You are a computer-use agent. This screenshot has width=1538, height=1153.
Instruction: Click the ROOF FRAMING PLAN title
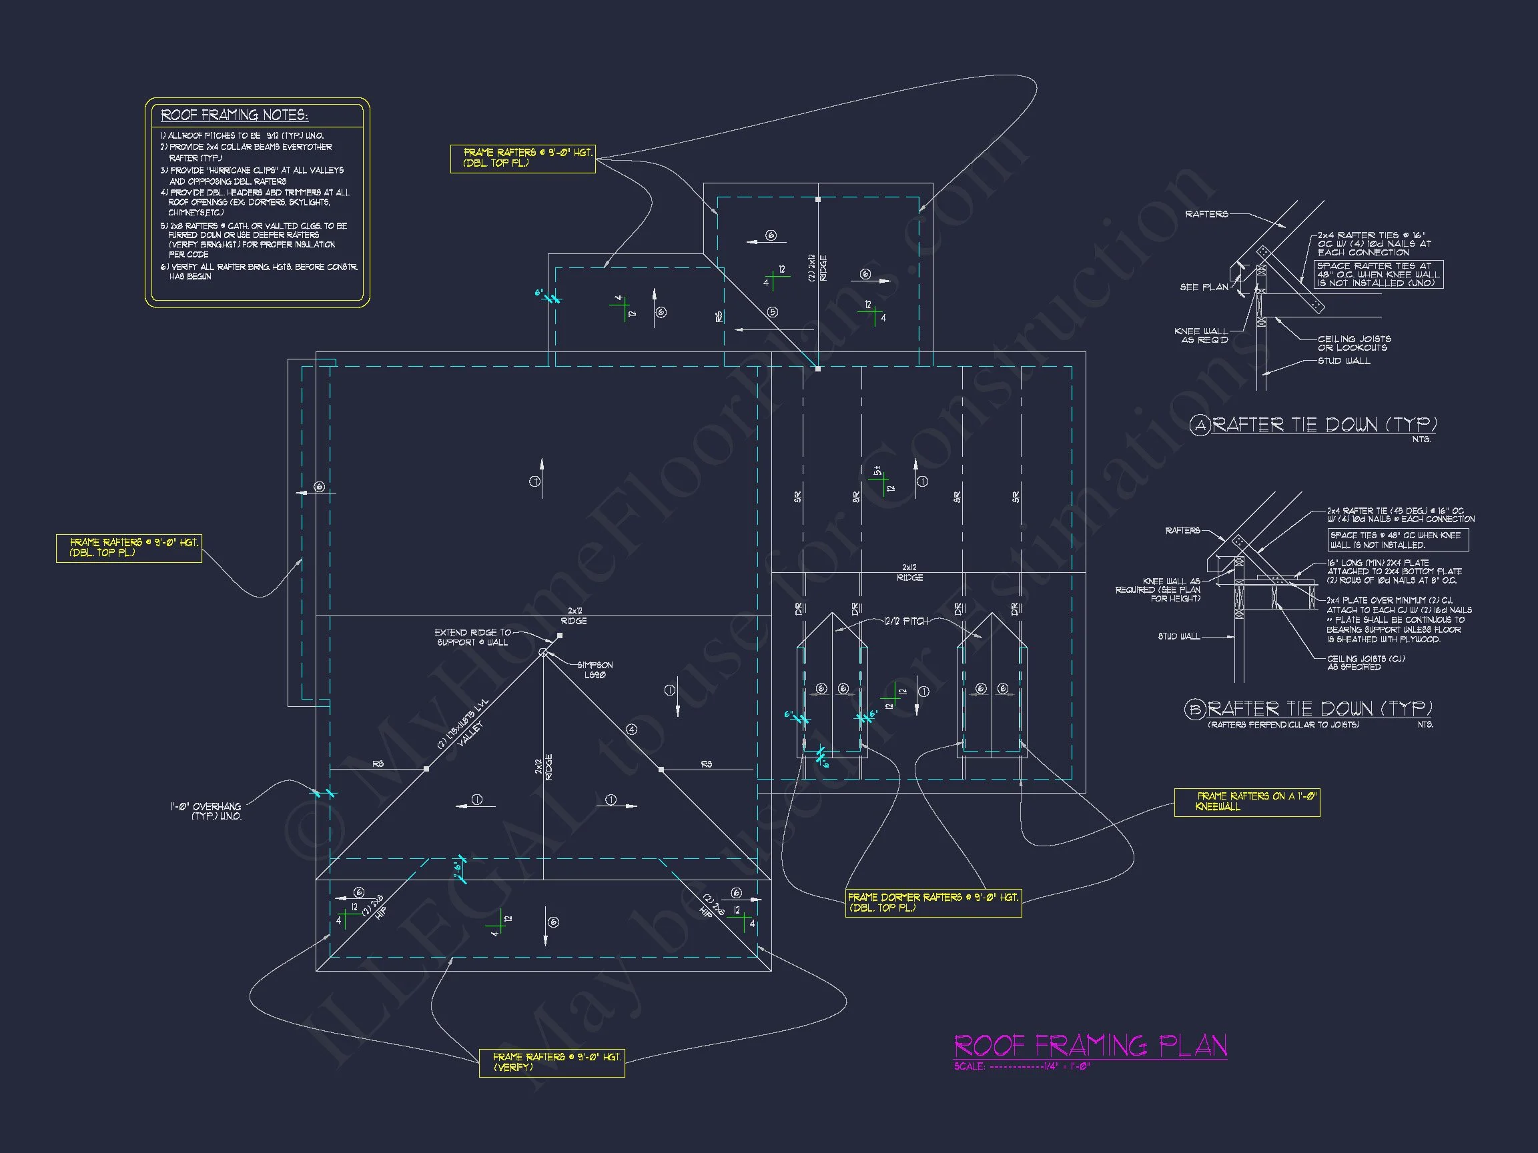click(x=1090, y=1046)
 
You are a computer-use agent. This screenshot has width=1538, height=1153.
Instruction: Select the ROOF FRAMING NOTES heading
click(x=234, y=115)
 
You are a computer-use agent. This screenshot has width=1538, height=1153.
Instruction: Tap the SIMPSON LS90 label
click(x=595, y=670)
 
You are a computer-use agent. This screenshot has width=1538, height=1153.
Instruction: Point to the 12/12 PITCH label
click(x=906, y=622)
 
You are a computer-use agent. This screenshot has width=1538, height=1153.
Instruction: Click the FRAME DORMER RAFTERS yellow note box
click(x=933, y=903)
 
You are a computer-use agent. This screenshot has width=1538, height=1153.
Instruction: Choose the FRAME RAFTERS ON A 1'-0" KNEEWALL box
click(x=1246, y=802)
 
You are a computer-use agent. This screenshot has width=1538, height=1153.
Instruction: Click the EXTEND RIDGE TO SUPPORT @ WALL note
click(x=473, y=638)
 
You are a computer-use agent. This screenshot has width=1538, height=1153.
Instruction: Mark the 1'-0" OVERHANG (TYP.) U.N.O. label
click(x=206, y=811)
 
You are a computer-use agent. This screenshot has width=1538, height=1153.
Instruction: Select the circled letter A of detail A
click(x=1200, y=425)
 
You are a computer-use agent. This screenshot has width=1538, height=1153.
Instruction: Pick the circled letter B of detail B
click(x=1194, y=710)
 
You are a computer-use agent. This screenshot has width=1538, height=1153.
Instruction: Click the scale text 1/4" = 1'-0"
click(x=1066, y=1067)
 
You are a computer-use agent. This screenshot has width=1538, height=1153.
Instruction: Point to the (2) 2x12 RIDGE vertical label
click(x=817, y=267)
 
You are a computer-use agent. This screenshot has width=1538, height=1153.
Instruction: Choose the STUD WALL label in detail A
click(x=1344, y=361)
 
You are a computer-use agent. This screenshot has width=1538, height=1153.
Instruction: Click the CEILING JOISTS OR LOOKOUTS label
click(x=1354, y=343)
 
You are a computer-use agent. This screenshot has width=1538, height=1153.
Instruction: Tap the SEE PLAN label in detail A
click(x=1204, y=287)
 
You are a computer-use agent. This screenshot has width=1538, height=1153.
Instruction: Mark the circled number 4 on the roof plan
click(x=631, y=729)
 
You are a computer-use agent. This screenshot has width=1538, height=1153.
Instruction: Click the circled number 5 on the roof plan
click(x=773, y=312)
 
